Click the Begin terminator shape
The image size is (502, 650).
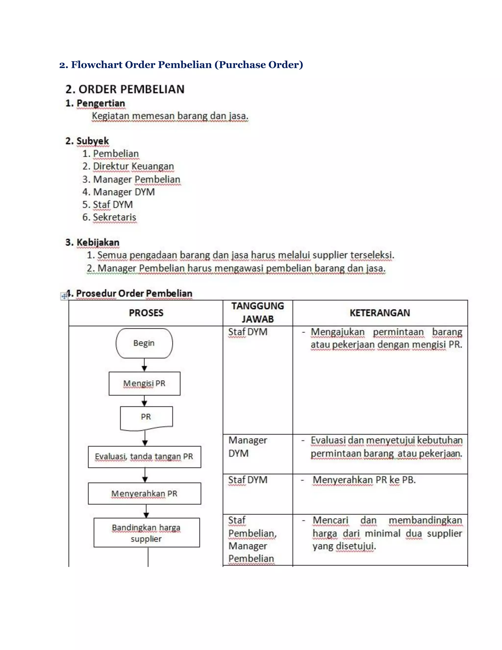pyautogui.click(x=144, y=343)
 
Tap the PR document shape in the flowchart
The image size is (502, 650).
pyautogui.click(x=146, y=417)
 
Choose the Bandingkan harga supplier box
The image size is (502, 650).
pyautogui.click(x=146, y=533)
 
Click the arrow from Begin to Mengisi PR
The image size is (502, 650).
pyautogui.click(x=144, y=365)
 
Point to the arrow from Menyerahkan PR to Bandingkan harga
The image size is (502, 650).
pyautogui.click(x=146, y=511)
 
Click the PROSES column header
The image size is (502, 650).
pyautogui.click(x=146, y=313)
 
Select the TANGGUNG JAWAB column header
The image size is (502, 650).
pyautogui.click(x=258, y=312)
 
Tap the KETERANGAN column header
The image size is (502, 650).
pyautogui.click(x=380, y=313)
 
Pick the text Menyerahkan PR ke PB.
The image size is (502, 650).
pyautogui.click(x=364, y=480)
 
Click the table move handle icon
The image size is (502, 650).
pyautogui.click(x=64, y=296)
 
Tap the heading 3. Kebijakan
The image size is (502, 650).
pyautogui.click(x=92, y=242)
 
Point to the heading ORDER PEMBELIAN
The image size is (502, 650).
pyautogui.click(x=125, y=89)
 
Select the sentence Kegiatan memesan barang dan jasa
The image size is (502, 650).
pyautogui.click(x=170, y=116)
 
